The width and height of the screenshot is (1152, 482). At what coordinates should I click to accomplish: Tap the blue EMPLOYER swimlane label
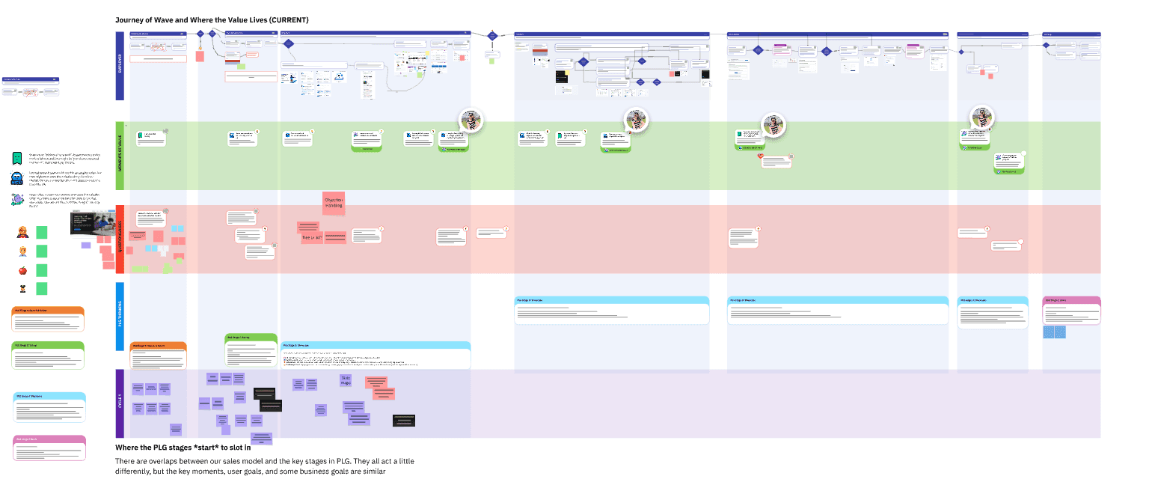pos(120,66)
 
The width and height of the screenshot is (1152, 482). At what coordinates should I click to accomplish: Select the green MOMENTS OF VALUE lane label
pos(120,156)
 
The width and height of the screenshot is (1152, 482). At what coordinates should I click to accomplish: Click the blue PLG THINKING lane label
pos(120,316)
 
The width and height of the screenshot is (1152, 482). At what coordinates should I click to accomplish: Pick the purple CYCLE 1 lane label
pos(120,403)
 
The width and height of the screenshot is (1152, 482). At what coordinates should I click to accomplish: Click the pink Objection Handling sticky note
pos(334,203)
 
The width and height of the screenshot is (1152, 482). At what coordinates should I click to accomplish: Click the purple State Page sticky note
pos(346,379)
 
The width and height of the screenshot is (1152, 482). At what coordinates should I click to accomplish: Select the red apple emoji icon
pos(22,270)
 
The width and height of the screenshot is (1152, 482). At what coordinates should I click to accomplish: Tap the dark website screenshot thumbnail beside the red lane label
pos(91,224)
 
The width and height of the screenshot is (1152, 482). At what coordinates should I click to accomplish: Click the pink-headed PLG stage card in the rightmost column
pos(1072,311)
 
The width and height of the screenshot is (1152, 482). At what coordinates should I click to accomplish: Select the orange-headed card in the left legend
pos(49,319)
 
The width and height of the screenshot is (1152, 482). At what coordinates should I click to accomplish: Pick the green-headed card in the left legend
pos(49,354)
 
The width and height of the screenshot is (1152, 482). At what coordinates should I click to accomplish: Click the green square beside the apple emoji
pos(42,270)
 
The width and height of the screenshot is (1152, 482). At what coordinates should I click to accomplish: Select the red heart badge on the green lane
pos(762,157)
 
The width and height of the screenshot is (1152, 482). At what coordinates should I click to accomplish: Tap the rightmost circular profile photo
pos(981,118)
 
